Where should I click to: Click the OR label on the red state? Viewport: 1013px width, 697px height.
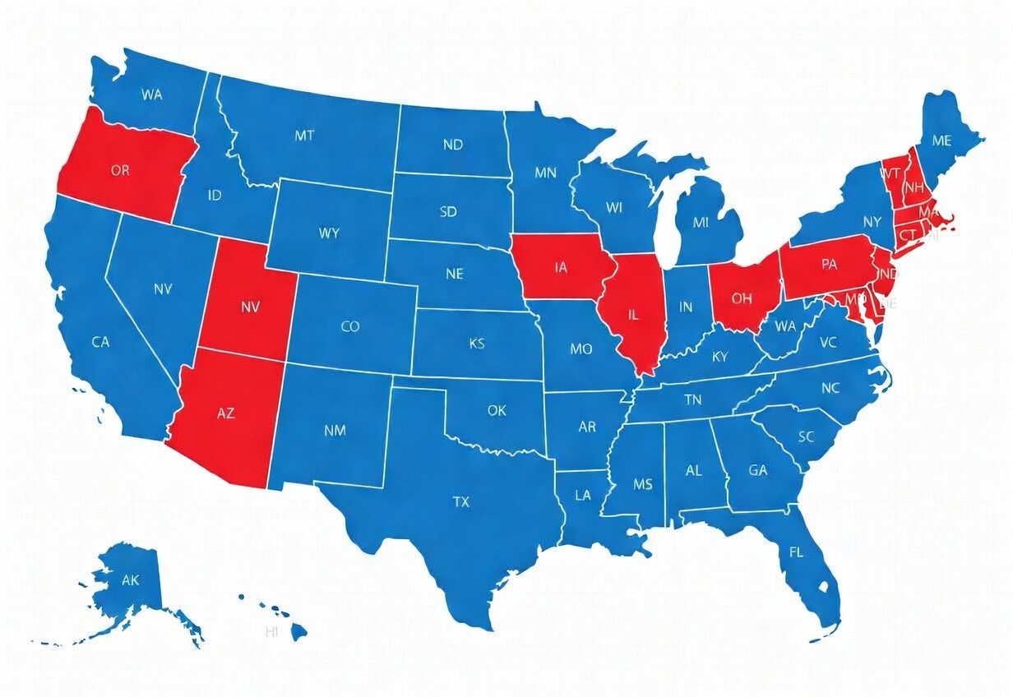pyautogui.click(x=120, y=171)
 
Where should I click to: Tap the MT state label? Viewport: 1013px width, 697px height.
pyautogui.click(x=304, y=136)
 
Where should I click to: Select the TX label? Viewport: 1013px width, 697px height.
pyautogui.click(x=461, y=501)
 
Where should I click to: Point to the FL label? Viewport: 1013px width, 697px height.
pyautogui.click(x=796, y=552)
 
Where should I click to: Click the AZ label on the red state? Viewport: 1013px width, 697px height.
pyautogui.click(x=225, y=413)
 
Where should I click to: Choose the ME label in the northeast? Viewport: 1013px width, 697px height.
pyautogui.click(x=942, y=141)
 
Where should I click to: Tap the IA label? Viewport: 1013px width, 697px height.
pyautogui.click(x=562, y=267)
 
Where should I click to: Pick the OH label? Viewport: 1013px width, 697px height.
pyautogui.click(x=741, y=298)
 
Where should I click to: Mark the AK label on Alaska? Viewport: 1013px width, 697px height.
pyautogui.click(x=131, y=580)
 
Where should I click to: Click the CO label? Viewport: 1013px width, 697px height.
pyautogui.click(x=350, y=326)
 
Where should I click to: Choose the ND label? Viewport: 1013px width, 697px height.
pyautogui.click(x=453, y=145)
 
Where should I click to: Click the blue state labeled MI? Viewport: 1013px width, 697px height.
pyautogui.click(x=701, y=222)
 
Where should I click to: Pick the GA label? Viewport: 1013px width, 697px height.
pyautogui.click(x=757, y=471)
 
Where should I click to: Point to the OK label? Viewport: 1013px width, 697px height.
pyautogui.click(x=497, y=409)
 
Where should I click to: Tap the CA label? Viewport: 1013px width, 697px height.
pyautogui.click(x=100, y=342)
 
